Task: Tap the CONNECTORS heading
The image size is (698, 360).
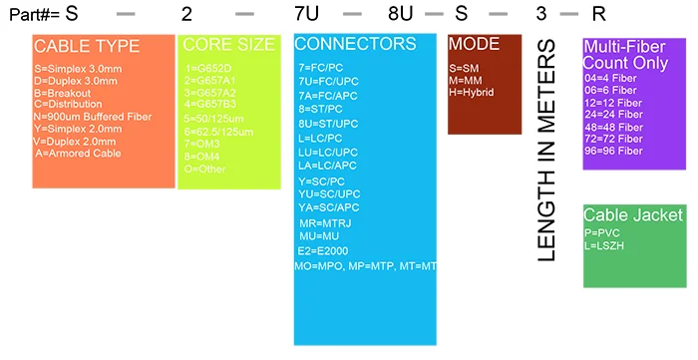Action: point(354,44)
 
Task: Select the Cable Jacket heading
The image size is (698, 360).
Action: point(633,214)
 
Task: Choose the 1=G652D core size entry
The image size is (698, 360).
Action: point(206,68)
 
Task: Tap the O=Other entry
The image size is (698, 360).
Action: point(205,169)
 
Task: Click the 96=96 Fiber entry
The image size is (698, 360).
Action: point(614,151)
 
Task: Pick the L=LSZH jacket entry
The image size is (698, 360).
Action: point(605,244)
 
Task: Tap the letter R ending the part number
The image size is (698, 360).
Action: point(598,15)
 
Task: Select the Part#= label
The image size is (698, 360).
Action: point(29,15)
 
